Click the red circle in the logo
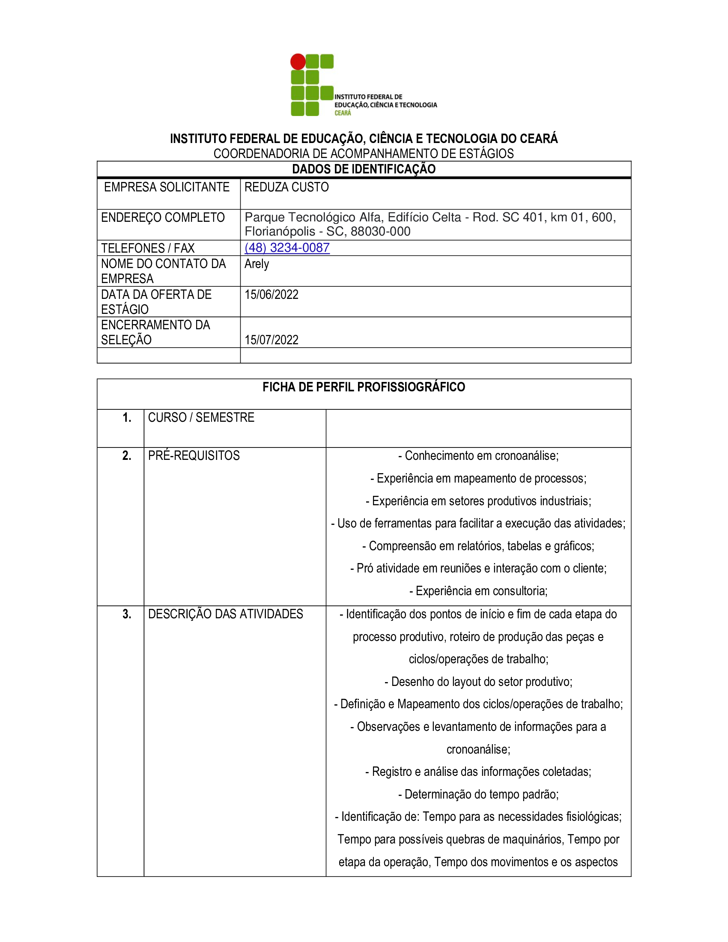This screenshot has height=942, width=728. coord(298,62)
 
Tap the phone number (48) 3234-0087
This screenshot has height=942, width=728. coord(287,247)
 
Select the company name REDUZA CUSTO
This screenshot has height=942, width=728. coord(286,187)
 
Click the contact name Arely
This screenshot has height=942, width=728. coord(257,263)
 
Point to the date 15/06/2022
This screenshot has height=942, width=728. coord(271,295)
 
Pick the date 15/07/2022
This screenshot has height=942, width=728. coord(271,340)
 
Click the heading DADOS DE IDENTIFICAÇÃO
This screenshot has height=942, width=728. coord(364,169)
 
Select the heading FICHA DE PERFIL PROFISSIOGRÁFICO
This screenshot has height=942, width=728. coord(364,387)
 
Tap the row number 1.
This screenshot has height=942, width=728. coord(127,417)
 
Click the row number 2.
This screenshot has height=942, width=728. coord(127,456)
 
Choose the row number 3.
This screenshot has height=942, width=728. coord(127,614)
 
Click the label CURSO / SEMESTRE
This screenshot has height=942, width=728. coord(201,417)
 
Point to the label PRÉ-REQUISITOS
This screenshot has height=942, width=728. coord(194,456)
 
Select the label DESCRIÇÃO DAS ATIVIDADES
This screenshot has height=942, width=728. coord(226,614)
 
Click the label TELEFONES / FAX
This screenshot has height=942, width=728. coord(147,248)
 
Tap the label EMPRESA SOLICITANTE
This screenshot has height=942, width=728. coord(167,187)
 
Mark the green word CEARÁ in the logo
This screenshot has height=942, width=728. coord(343,113)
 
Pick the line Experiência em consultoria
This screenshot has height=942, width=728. coord(478,591)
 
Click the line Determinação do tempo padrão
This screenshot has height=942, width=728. coord(478,794)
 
